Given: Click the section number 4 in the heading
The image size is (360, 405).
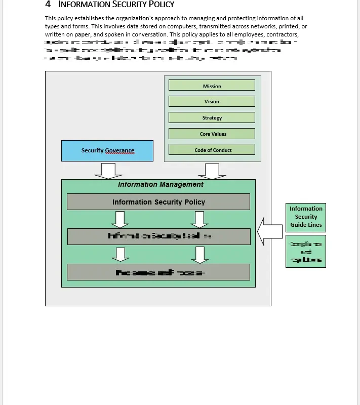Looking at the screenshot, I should click(48, 5).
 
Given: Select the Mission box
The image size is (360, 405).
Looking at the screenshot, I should click(212, 85).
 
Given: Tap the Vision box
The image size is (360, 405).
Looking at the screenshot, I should click(212, 101).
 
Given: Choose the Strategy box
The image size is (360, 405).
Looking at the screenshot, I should click(212, 117).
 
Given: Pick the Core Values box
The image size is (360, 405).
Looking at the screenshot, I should click(212, 134).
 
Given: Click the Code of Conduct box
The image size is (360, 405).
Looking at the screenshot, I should click(212, 150).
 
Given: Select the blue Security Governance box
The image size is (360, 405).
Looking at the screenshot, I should click(107, 151).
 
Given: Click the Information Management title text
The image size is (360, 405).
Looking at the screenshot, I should click(161, 184).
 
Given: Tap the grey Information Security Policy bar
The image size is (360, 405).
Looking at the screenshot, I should click(158, 202).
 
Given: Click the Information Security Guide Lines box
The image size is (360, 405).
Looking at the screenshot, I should click(306, 217).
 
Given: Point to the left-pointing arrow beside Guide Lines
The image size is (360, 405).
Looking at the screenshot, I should click(270, 231).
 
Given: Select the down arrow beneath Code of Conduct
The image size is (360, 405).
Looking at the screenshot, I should click(205, 171).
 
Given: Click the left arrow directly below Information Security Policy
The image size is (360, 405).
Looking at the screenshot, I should click(119, 219).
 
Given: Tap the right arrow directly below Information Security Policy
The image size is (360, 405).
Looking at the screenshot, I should click(201, 219).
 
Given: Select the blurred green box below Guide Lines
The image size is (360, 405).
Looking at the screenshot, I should click(306, 252).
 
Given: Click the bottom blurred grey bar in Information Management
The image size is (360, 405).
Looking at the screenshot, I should click(158, 272).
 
